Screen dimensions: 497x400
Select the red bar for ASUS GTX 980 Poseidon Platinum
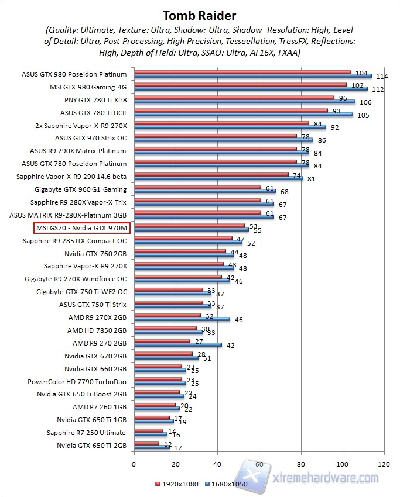pyautogui.click(x=242, y=73)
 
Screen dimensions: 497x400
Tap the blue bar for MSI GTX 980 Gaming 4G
pyautogui.click(x=251, y=89)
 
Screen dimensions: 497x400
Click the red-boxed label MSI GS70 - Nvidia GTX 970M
pyautogui.click(x=81, y=227)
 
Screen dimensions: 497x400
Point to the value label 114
pyautogui.click(x=382, y=77)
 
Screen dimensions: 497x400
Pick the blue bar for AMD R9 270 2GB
pyautogui.click(x=178, y=345)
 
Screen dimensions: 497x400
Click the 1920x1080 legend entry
pyautogui.click(x=177, y=485)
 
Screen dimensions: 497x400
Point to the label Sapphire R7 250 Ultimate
pyautogui.click(x=87, y=433)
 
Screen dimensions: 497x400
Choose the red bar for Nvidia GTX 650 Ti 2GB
pyautogui.click(x=146, y=443)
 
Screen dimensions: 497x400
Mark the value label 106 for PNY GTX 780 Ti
pyautogui.click(x=365, y=102)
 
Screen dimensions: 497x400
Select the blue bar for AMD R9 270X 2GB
pyautogui.click(x=182, y=319)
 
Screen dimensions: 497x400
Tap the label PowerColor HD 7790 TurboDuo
pyautogui.click(x=77, y=381)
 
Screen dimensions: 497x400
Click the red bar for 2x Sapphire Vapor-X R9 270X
pyautogui.click(x=221, y=123)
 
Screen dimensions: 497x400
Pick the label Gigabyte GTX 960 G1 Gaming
pyautogui.click(x=80, y=189)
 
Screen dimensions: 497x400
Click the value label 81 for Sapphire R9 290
pyautogui.click(x=311, y=179)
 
